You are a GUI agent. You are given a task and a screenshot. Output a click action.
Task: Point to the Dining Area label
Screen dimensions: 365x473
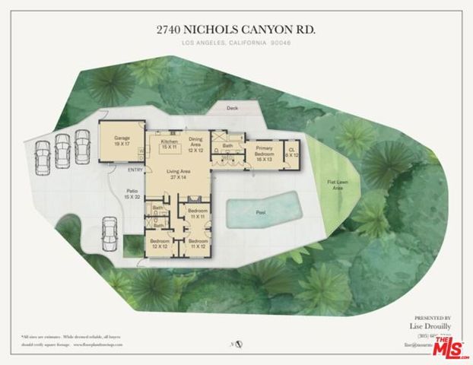coord(195,144)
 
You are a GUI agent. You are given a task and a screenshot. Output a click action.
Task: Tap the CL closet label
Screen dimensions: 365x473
coord(291,152)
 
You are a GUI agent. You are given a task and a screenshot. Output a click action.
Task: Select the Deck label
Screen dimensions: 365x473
coord(232,108)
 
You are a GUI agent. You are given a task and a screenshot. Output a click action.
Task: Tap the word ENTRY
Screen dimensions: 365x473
coord(135,170)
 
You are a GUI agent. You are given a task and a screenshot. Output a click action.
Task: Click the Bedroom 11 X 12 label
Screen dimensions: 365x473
coord(199,244)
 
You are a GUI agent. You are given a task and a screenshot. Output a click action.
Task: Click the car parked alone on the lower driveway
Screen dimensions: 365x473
coord(109,231)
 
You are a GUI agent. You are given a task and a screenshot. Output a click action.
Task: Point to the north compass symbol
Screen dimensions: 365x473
coord(239,344)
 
